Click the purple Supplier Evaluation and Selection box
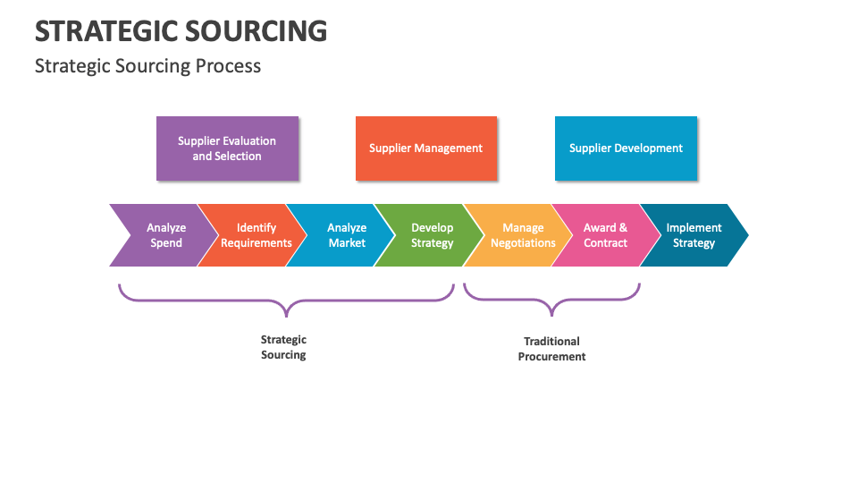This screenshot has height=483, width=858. click(227, 148)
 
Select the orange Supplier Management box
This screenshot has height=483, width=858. click(425, 148)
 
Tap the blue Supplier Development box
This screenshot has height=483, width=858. click(626, 148)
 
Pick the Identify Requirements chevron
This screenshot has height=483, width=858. click(256, 235)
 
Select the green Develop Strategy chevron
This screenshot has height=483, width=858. click(432, 235)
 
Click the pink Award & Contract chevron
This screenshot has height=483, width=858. click(605, 235)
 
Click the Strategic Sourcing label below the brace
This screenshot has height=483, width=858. click(283, 347)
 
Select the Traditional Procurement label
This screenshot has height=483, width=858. click(551, 349)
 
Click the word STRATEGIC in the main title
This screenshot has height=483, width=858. click(105, 31)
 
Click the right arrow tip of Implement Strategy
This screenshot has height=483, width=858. click(744, 235)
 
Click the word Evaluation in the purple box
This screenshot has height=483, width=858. click(248, 141)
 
